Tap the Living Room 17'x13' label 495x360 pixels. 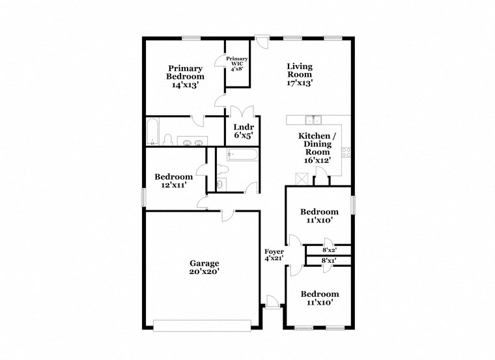(x=300, y=74)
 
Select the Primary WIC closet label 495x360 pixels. (x=237, y=63)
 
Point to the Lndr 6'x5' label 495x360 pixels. (x=243, y=131)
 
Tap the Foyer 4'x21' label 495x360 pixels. (x=274, y=256)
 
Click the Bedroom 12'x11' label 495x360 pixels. (x=173, y=181)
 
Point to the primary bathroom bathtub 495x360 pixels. (x=151, y=132)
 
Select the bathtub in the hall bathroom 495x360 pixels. (x=242, y=156)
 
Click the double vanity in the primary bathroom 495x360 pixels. (x=192, y=141)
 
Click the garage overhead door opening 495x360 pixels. (x=202, y=324)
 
